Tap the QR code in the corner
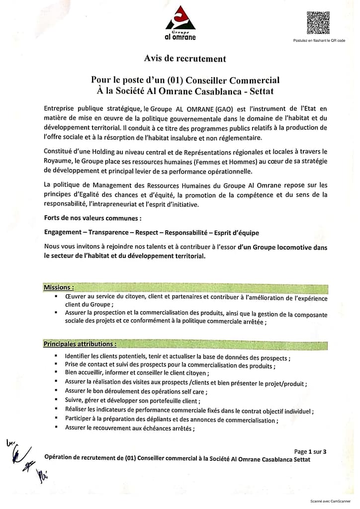[318, 22]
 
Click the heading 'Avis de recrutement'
[185, 59]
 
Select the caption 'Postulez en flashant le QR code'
[319, 40]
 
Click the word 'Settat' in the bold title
[262, 91]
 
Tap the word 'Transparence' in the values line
[109, 233]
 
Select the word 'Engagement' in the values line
[63, 233]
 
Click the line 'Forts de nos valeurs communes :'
[92, 218]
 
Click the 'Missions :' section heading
[59, 287]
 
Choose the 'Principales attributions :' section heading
[80, 343]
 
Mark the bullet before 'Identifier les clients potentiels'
[57, 357]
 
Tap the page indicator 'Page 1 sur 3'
[310, 452]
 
